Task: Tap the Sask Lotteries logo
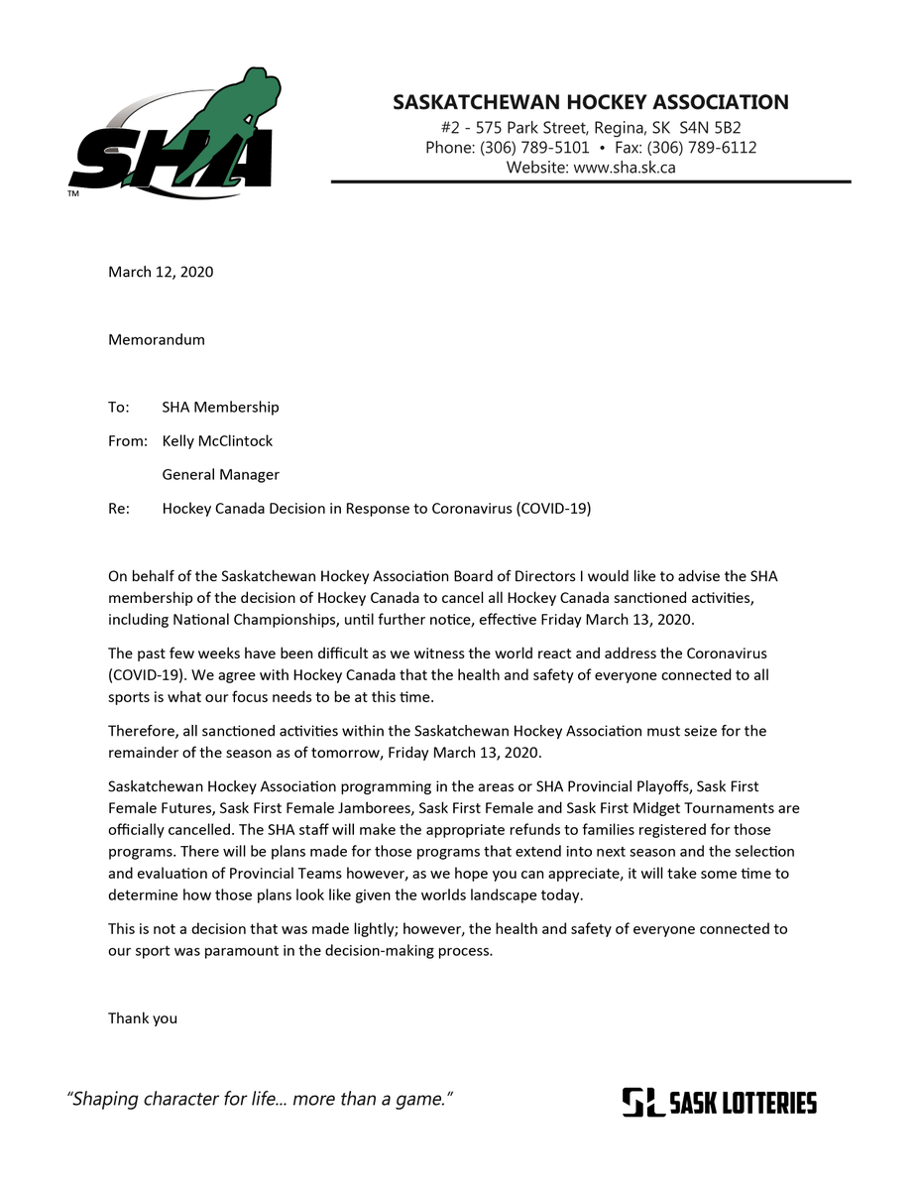(719, 1102)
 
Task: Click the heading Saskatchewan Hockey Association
(590, 102)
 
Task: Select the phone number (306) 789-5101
(534, 148)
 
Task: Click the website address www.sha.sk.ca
(625, 168)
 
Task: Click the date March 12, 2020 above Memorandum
(161, 272)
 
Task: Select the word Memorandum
(157, 339)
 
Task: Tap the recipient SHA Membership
(220, 407)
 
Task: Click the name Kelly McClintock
(217, 440)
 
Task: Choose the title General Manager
(220, 474)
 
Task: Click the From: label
(127, 440)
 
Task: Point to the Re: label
(119, 509)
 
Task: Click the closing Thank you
(143, 1017)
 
